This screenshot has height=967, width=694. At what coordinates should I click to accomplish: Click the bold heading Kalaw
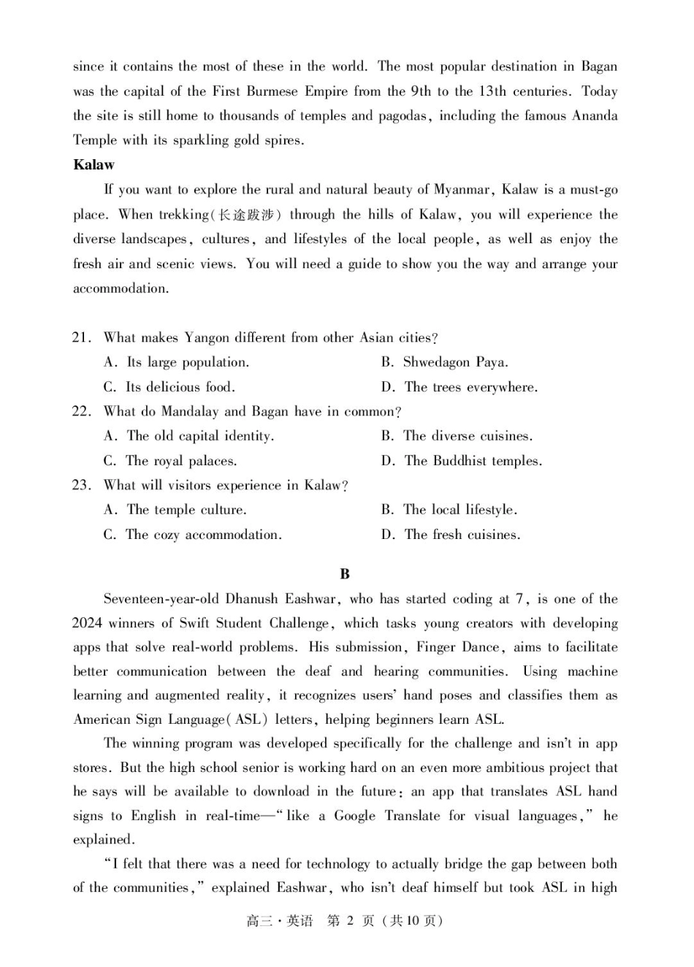pos(94,165)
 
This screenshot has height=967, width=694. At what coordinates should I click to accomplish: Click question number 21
pos(81,337)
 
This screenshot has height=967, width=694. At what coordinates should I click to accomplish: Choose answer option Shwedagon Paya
pos(455,362)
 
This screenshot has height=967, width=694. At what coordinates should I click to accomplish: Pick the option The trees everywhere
pos(470,387)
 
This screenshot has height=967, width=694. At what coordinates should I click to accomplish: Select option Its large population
pos(187,362)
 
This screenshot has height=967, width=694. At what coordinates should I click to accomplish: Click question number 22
pos(81,411)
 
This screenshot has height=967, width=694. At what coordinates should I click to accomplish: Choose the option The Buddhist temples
pos(473,461)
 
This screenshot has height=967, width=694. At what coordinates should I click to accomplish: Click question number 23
pos(81,485)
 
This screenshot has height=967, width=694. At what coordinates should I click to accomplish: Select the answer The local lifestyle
pos(460,510)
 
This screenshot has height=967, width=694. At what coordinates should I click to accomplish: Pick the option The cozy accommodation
pos(203,535)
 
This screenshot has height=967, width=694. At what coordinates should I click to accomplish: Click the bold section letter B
pos(345,574)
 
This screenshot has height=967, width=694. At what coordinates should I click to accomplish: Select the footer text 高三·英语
pos(279,921)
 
